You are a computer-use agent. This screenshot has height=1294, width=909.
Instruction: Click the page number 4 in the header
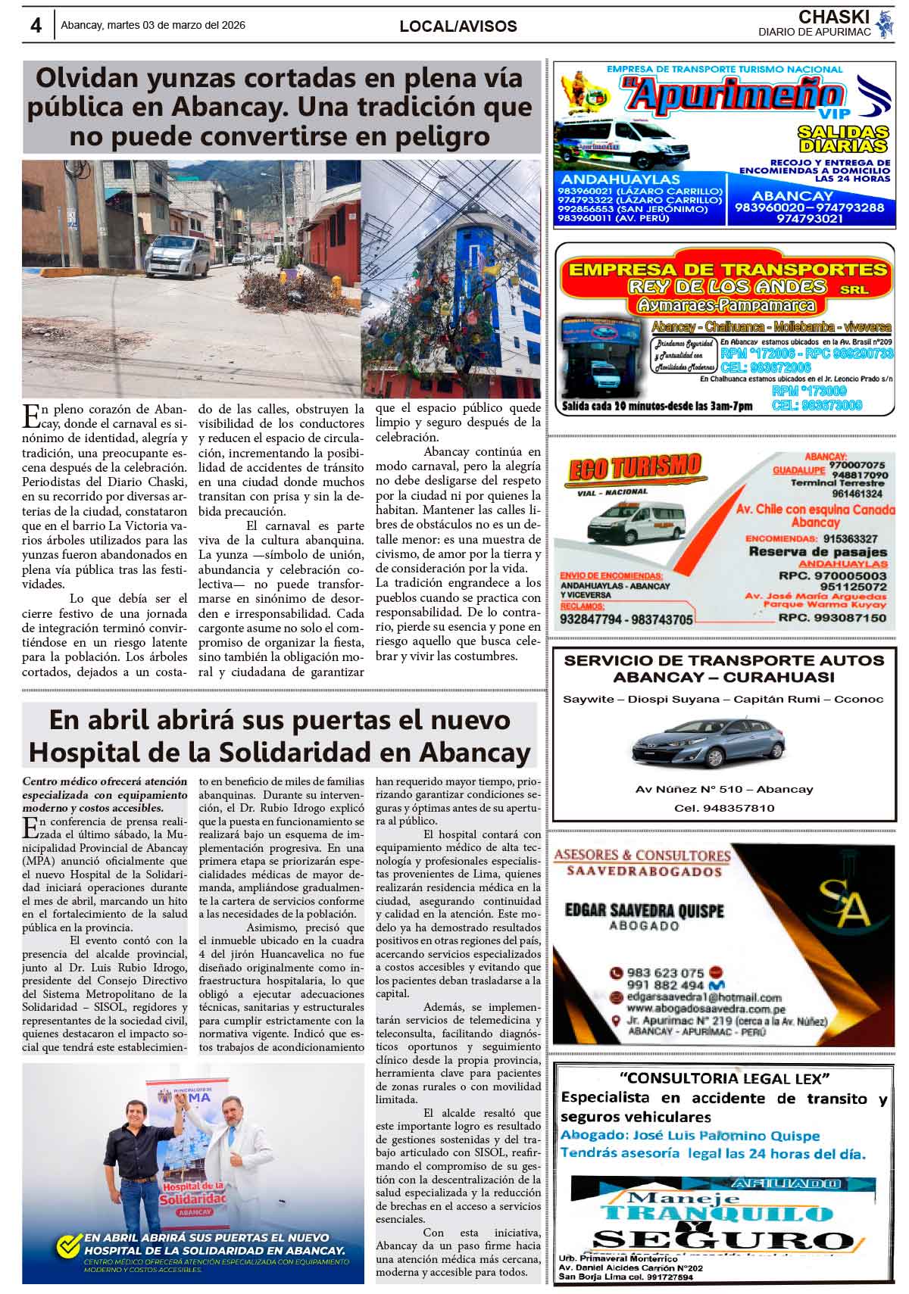point(35,25)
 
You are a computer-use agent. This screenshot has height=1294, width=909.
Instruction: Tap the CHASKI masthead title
point(834,17)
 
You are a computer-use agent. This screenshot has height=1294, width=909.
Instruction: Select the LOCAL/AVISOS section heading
point(458,27)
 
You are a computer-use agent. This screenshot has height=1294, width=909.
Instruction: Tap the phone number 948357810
point(738,808)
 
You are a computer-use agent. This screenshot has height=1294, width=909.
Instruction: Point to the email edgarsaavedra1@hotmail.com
point(704,997)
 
